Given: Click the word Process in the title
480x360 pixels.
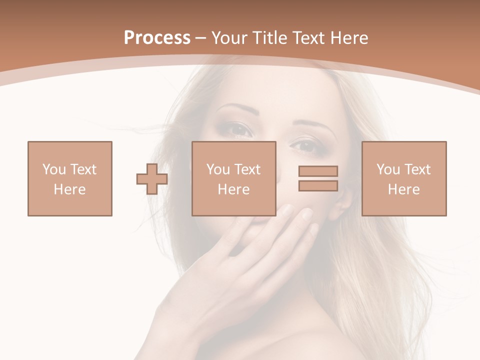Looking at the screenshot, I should pos(157,37).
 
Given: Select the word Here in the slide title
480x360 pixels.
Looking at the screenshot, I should pos(348,37).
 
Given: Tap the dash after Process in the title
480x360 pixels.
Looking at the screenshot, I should pos(200,38).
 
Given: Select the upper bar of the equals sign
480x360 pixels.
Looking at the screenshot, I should pos(318,171).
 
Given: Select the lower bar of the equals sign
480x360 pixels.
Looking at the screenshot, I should pos(318,185).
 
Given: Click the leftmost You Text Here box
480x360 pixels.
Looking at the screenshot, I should pos(70,178).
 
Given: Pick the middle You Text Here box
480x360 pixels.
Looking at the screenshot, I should pos(233,178).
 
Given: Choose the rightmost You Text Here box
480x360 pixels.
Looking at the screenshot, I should pos(404,178).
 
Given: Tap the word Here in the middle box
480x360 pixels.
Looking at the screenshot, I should pos(233,189).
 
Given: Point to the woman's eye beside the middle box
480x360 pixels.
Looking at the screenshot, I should pos(240,129).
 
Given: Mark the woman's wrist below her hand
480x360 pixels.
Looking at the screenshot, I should pos(175,320).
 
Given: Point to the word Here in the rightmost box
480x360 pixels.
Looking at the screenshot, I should pos(403,189).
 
